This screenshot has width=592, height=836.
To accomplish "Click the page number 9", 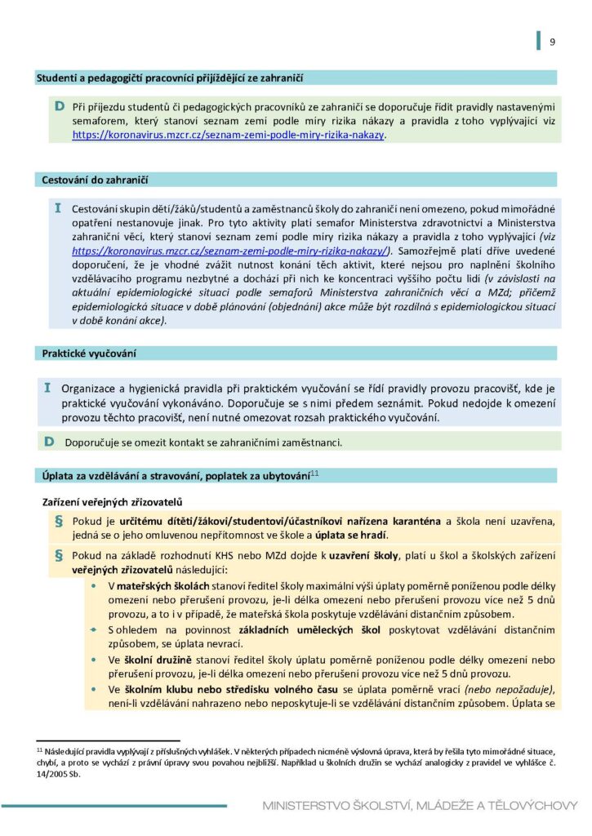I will click(x=552, y=42).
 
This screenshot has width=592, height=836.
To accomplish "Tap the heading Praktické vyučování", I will click(x=89, y=354).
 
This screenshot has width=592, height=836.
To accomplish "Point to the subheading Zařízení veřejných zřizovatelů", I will click(x=111, y=500).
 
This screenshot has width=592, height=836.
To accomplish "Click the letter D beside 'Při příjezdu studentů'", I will click(x=59, y=107).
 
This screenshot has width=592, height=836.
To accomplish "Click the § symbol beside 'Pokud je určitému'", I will click(x=58, y=520).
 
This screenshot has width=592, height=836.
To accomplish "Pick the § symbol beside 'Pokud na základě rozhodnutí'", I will click(x=58, y=555).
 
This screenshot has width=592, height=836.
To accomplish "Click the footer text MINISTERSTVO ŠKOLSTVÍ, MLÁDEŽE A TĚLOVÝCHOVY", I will click(x=420, y=806).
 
